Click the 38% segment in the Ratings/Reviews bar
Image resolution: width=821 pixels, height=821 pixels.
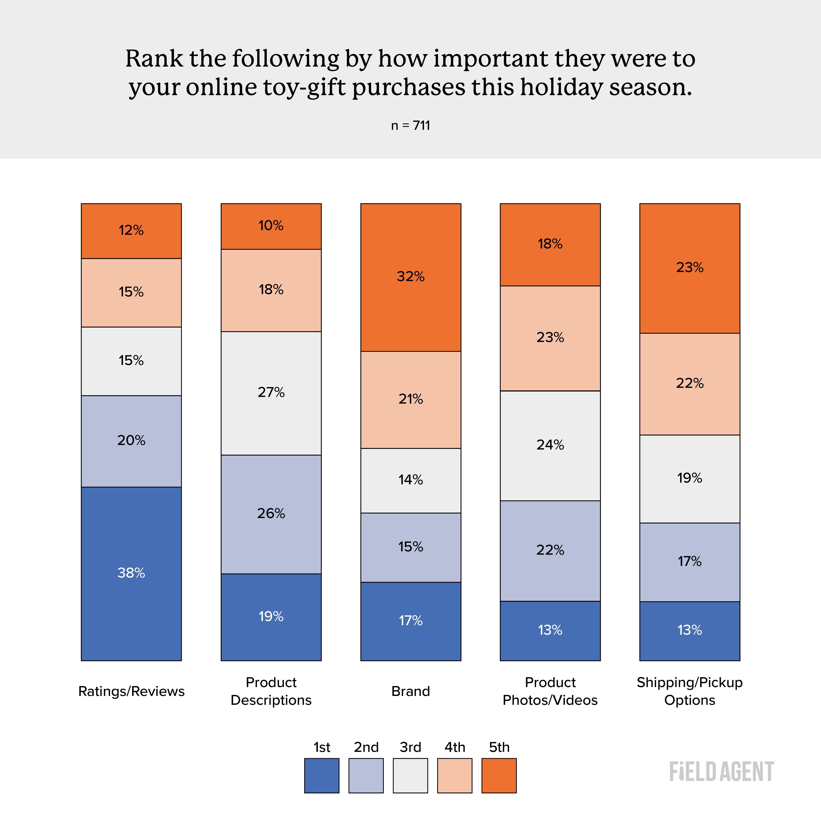(131, 573)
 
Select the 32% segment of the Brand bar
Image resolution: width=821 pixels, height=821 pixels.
(411, 277)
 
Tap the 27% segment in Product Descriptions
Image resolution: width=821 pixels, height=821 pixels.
(271, 393)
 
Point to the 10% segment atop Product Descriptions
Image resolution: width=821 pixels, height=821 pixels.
(271, 226)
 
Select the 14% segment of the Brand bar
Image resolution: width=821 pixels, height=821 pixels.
(411, 480)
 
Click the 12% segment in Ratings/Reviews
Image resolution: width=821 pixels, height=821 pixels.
(131, 231)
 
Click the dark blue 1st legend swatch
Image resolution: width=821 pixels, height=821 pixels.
(322, 775)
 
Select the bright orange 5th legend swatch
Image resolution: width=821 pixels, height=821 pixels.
(499, 775)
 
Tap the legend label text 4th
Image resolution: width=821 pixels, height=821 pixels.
(455, 747)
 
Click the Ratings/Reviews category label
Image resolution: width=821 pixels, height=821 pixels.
(131, 691)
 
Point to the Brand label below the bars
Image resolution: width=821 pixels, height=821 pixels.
(411, 691)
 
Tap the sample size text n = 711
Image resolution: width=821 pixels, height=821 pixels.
(411, 126)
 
